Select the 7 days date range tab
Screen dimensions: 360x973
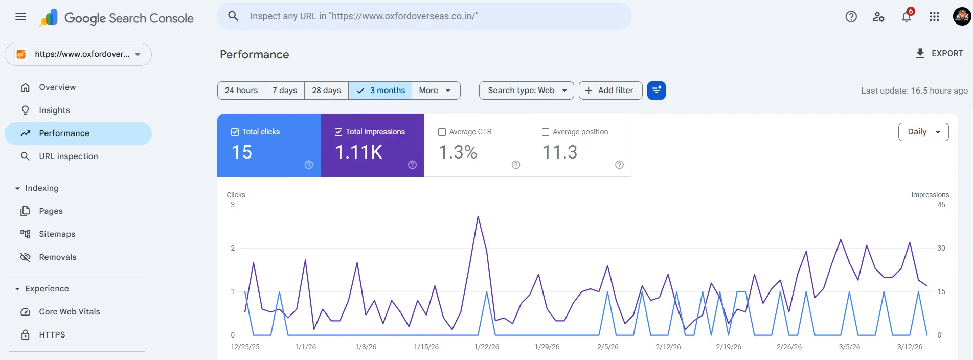click(285, 91)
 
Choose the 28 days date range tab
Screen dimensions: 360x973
click(326, 91)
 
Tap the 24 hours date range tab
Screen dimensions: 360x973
click(241, 91)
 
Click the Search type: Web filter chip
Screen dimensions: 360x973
click(526, 91)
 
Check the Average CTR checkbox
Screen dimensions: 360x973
click(442, 132)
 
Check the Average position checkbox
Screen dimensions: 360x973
click(546, 132)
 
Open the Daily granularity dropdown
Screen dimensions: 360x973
click(923, 132)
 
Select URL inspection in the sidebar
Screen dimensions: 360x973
click(68, 156)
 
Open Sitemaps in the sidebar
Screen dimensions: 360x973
click(57, 234)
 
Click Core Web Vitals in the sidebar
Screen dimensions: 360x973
click(69, 311)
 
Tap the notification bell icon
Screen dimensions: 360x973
click(906, 17)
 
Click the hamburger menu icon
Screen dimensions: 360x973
click(21, 17)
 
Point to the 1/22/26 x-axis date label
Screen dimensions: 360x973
click(486, 347)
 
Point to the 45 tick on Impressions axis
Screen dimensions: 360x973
click(941, 205)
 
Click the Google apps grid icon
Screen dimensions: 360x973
click(934, 17)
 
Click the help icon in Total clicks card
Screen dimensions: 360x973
click(309, 165)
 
